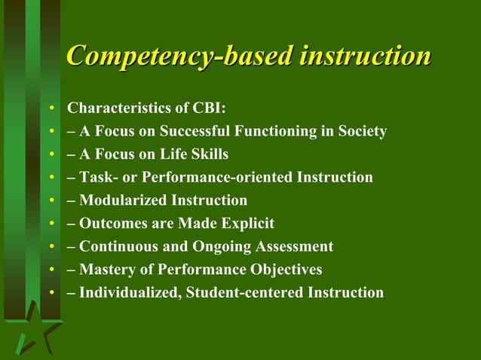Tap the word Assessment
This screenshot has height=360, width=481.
pyautogui.click(x=294, y=246)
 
